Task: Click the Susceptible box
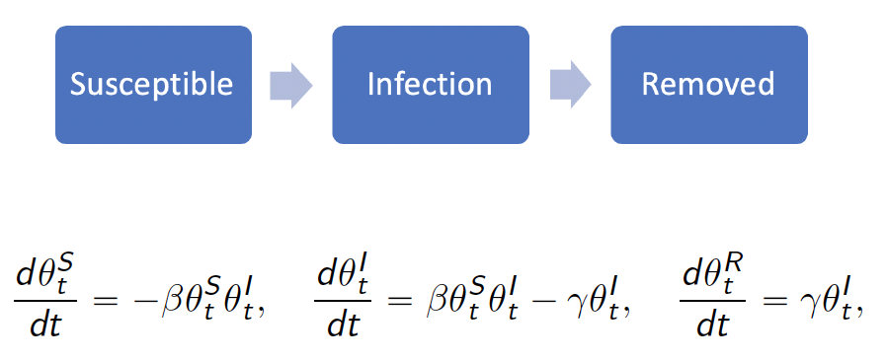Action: (153, 85)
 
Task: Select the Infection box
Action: (431, 85)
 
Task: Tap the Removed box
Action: (709, 85)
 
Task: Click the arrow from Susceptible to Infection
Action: (291, 85)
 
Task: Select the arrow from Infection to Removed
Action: (570, 85)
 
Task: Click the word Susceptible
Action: (151, 85)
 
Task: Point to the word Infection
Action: (430, 84)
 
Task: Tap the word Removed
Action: (707, 84)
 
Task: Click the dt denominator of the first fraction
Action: (46, 325)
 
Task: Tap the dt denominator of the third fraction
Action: (711, 325)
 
